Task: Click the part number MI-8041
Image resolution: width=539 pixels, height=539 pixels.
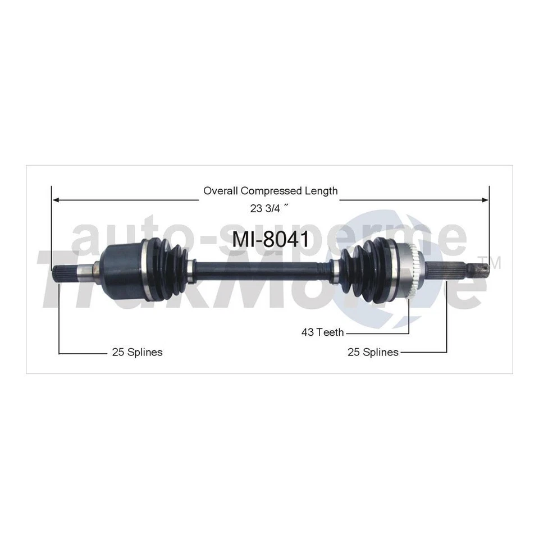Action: [x=271, y=239]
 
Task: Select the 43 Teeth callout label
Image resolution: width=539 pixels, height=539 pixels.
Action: [x=322, y=332]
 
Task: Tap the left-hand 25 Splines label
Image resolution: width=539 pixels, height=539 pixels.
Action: [x=137, y=352]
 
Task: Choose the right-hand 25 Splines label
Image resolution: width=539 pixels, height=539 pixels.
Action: [x=373, y=352]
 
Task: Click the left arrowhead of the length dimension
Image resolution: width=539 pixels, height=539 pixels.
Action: [x=56, y=199]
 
